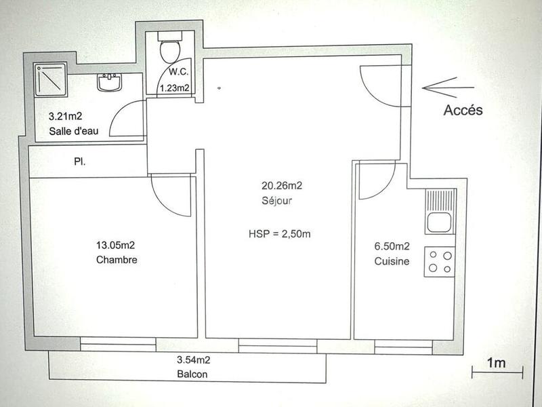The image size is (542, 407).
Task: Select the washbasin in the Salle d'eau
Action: [x=108, y=83]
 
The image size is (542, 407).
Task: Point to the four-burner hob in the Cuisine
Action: [x=439, y=263]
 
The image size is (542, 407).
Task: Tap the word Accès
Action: [x=463, y=110]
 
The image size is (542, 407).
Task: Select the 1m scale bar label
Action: [x=497, y=363]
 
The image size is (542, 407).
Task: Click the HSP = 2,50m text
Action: [x=280, y=235]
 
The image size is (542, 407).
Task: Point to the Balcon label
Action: [x=192, y=374]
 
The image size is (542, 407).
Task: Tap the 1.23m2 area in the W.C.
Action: [x=173, y=88]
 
